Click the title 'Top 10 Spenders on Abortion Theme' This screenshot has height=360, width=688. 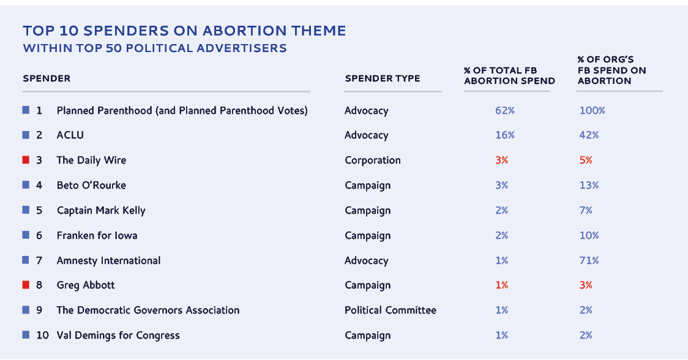point(184,31)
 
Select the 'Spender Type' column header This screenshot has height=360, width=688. point(383,78)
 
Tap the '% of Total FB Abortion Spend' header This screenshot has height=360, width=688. point(509,76)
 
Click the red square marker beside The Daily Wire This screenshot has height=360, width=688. point(26,160)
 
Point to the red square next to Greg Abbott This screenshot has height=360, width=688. point(26,285)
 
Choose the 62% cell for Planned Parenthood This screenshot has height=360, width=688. point(505,111)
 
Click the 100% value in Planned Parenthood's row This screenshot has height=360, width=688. point(592,111)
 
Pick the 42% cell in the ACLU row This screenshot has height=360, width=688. point(589,135)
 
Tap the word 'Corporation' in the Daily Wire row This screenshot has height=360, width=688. point(373,160)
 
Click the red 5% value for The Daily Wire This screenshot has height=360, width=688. point(586,160)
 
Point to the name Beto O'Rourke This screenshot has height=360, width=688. point(91,186)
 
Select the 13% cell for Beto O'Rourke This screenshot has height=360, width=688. point(589,186)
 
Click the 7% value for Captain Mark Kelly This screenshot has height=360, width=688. point(586,211)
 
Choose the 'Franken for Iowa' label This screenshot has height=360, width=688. point(97,236)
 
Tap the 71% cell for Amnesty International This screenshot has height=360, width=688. point(589,261)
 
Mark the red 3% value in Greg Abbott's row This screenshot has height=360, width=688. point(586,285)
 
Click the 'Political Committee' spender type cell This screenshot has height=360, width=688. point(391,310)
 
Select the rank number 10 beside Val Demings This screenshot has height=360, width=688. point(42,336)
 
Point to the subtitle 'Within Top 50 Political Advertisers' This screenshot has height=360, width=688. point(155,48)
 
